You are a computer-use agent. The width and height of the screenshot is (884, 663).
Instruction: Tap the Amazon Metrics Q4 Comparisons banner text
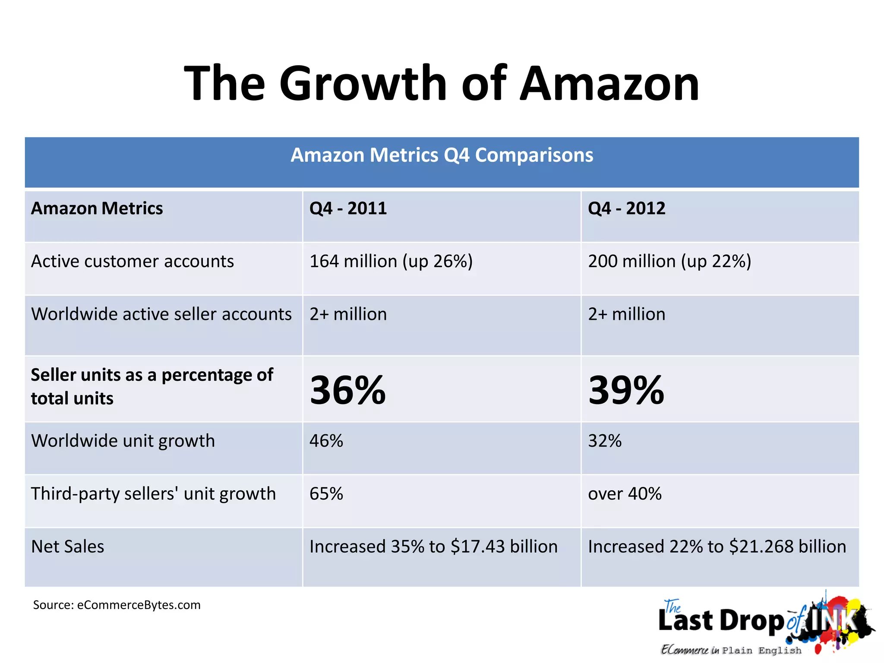442,155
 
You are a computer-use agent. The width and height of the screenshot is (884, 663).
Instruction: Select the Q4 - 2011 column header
348,208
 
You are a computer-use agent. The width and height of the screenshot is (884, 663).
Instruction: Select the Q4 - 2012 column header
626,208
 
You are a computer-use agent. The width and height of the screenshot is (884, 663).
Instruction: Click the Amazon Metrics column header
97,208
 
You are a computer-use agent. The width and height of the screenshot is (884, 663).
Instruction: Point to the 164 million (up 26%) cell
391,262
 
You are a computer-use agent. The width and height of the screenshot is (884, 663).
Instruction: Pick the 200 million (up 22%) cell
669,262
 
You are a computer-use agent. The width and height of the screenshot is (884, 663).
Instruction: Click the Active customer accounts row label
133,262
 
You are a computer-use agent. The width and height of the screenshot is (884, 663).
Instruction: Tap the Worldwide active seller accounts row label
161,314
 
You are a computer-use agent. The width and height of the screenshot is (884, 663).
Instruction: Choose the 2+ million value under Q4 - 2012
626,314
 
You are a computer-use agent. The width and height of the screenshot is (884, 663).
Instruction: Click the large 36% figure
348,390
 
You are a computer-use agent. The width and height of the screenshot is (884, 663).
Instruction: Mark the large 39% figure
626,390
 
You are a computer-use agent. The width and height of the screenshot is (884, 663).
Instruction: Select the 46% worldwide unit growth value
326,441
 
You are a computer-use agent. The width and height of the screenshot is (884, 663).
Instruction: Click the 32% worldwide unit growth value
605,441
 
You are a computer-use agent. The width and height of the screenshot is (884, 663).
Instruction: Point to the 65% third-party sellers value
326,494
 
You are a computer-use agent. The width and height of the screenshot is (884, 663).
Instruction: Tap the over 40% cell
625,494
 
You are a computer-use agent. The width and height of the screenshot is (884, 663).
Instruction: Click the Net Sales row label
68,547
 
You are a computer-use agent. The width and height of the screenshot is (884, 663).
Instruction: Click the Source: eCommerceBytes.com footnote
117,605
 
